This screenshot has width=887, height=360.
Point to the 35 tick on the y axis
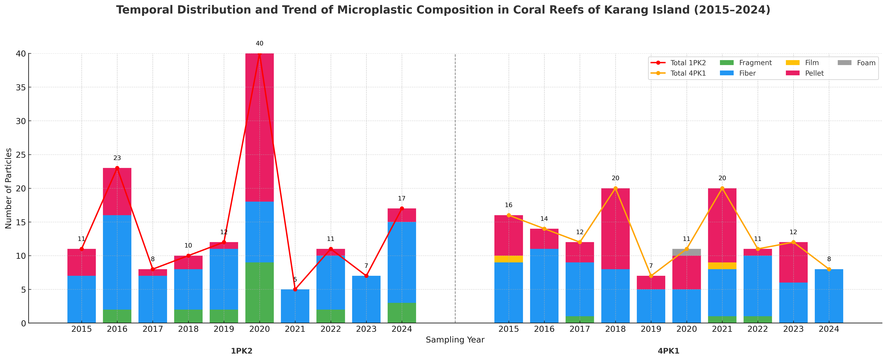(x=21, y=87)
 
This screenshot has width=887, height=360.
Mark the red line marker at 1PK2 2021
(x=295, y=289)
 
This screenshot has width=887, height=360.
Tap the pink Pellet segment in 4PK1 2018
(x=615, y=229)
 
